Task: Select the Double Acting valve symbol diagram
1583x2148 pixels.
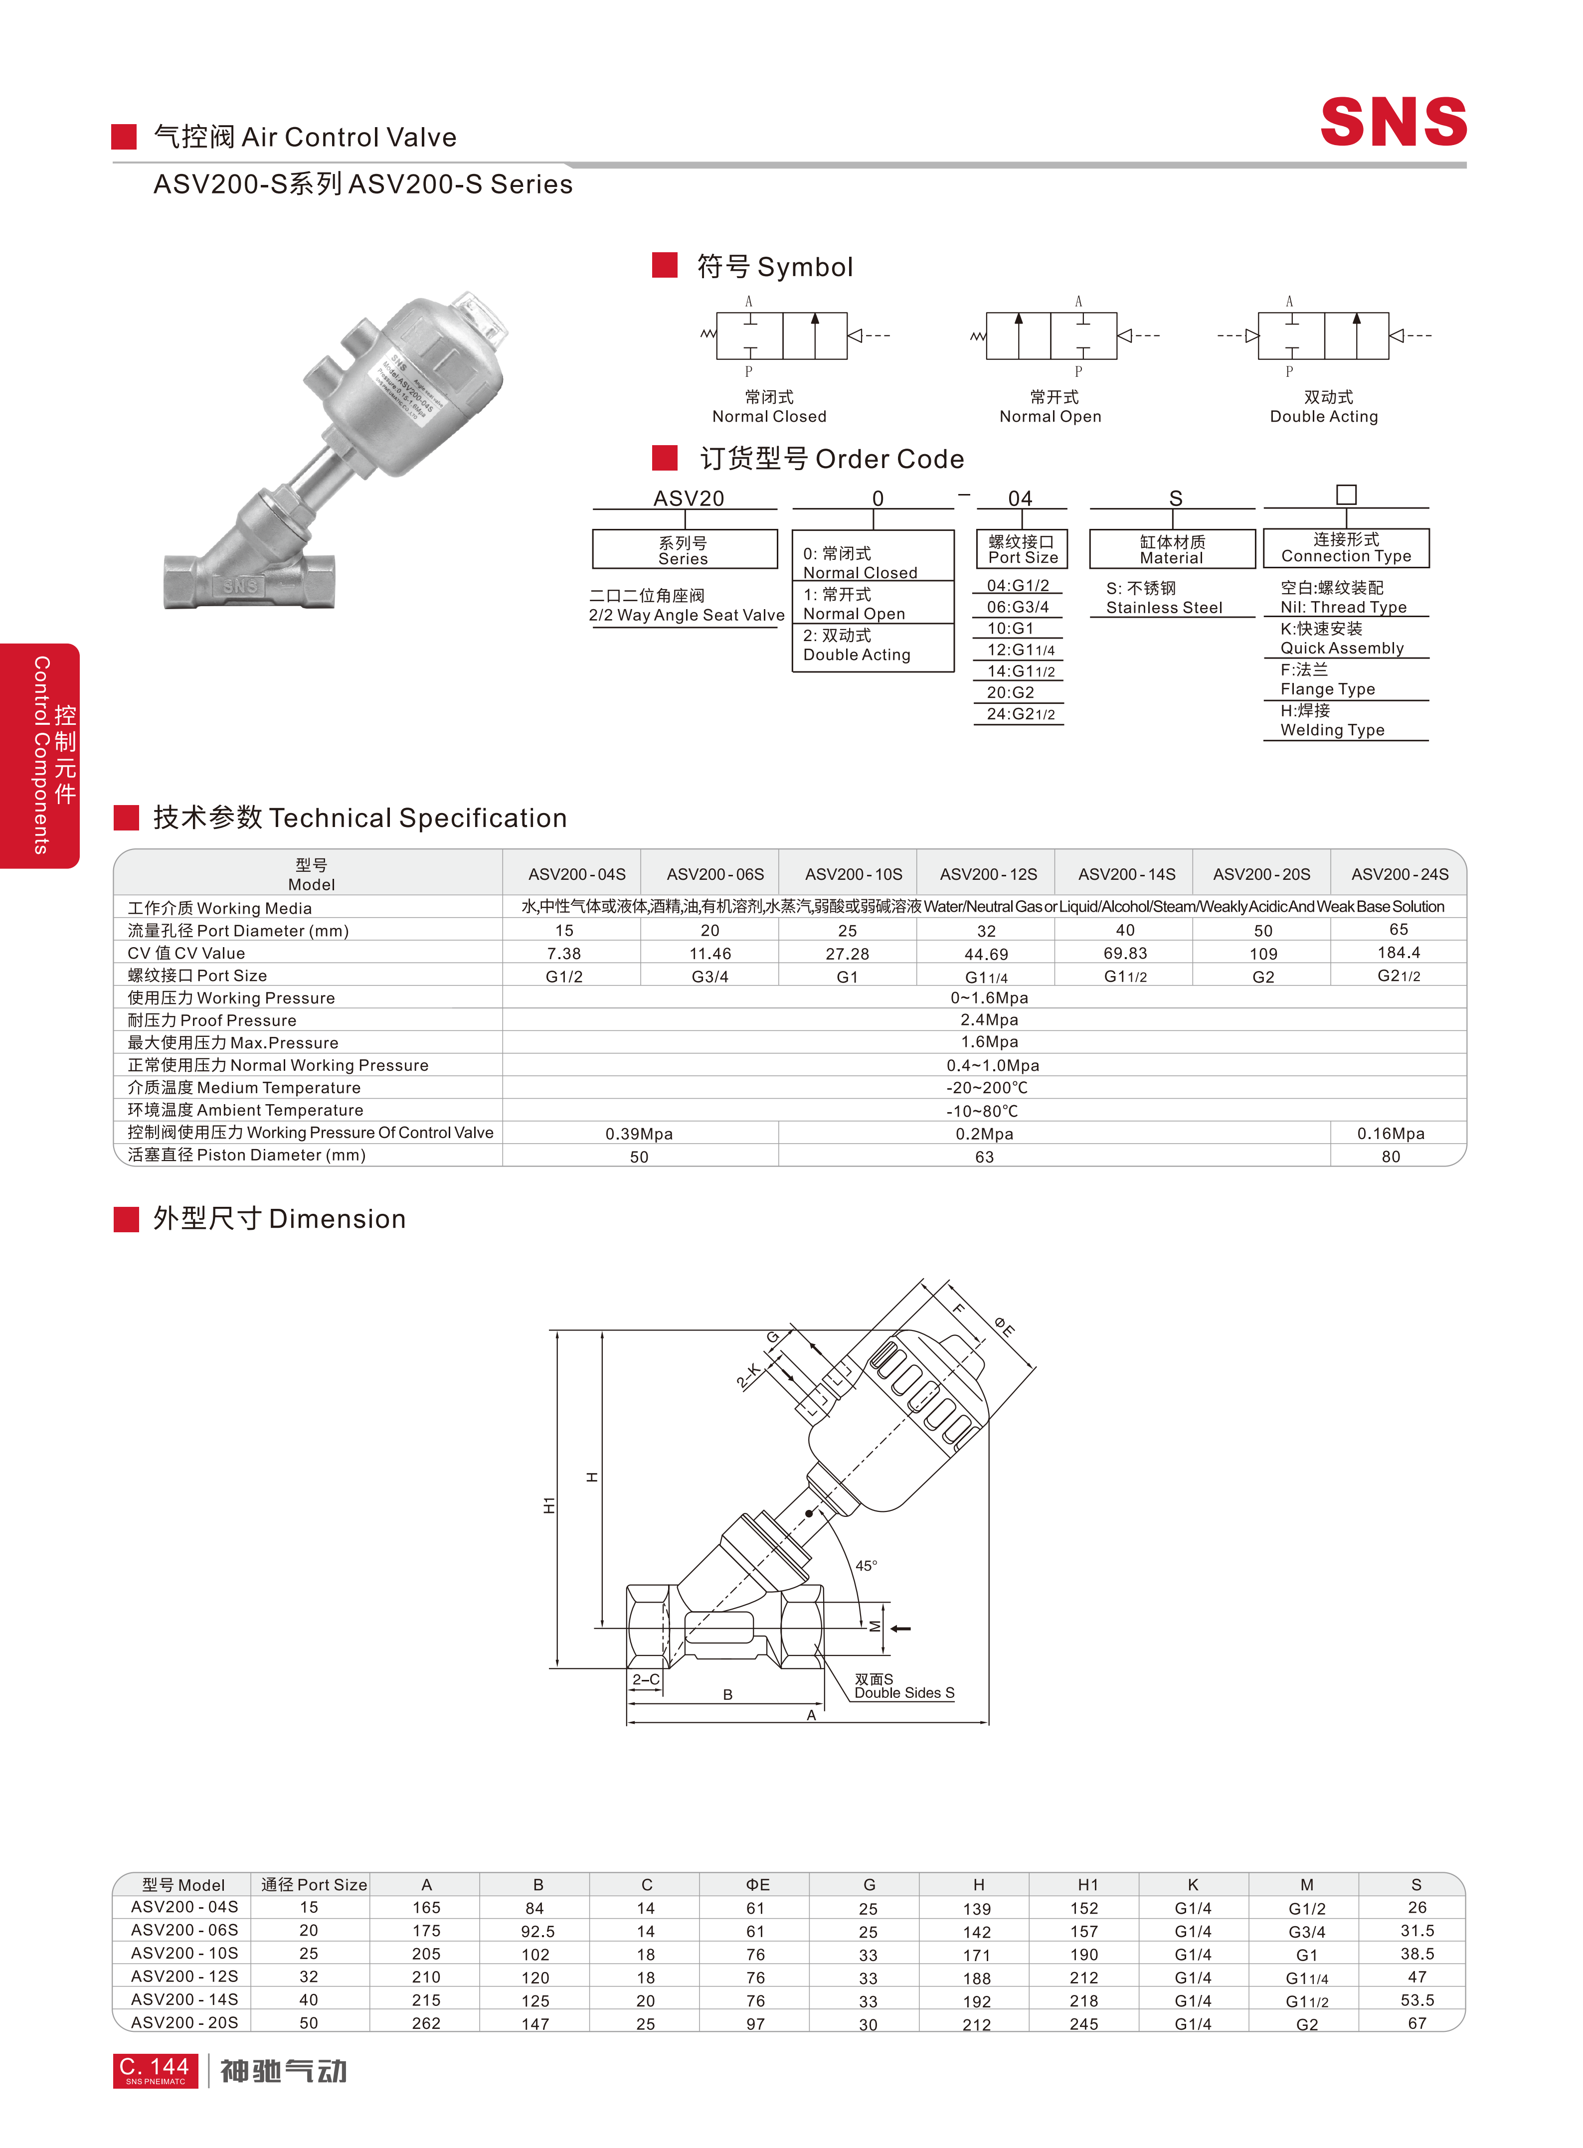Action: (x=1324, y=335)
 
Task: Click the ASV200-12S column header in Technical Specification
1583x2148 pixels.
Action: (x=988, y=874)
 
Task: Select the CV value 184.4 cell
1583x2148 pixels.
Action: (x=1399, y=952)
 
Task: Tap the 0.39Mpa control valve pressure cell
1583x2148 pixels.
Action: (x=639, y=1134)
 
